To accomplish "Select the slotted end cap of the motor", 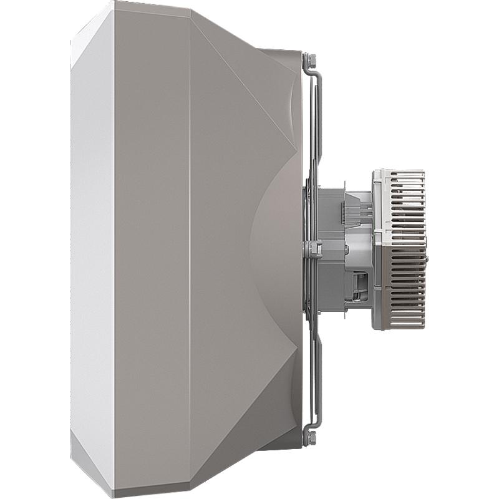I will (399, 249).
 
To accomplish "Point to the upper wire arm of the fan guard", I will (315, 125).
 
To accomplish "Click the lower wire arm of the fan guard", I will (315, 374).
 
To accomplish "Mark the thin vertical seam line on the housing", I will (190, 249).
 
